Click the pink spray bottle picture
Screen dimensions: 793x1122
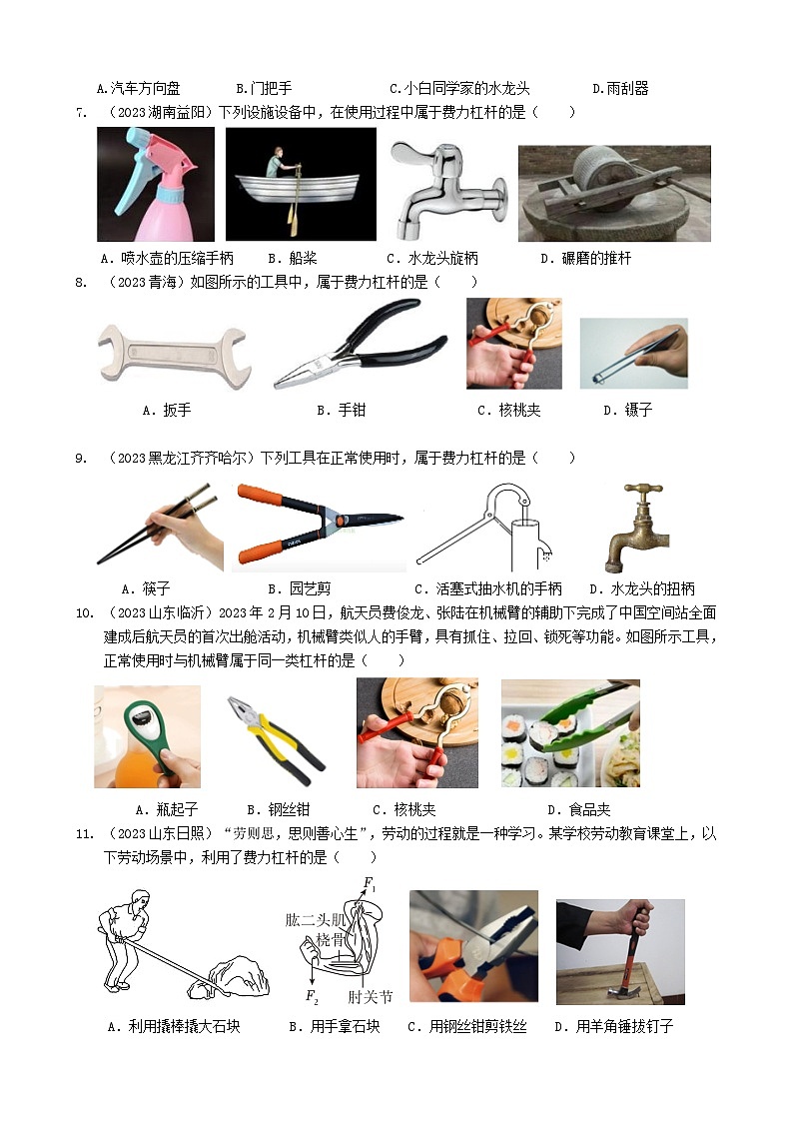pos(155,184)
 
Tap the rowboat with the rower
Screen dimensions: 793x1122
pos(301,184)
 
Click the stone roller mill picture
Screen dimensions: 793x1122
pos(614,193)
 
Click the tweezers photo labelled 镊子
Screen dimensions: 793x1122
pos(633,354)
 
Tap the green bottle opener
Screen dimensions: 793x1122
pos(147,736)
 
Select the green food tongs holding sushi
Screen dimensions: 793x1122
pos(570,733)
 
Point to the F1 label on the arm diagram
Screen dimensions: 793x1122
pos(370,883)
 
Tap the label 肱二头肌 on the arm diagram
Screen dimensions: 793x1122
pos(316,919)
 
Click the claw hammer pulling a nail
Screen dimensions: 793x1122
pos(620,952)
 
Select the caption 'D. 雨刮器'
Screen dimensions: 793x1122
pos(620,89)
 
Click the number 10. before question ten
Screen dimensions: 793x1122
pos(84,613)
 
